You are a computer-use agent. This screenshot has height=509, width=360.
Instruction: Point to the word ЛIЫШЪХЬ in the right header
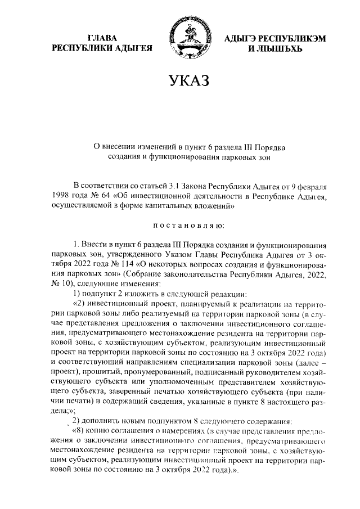[276, 48]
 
